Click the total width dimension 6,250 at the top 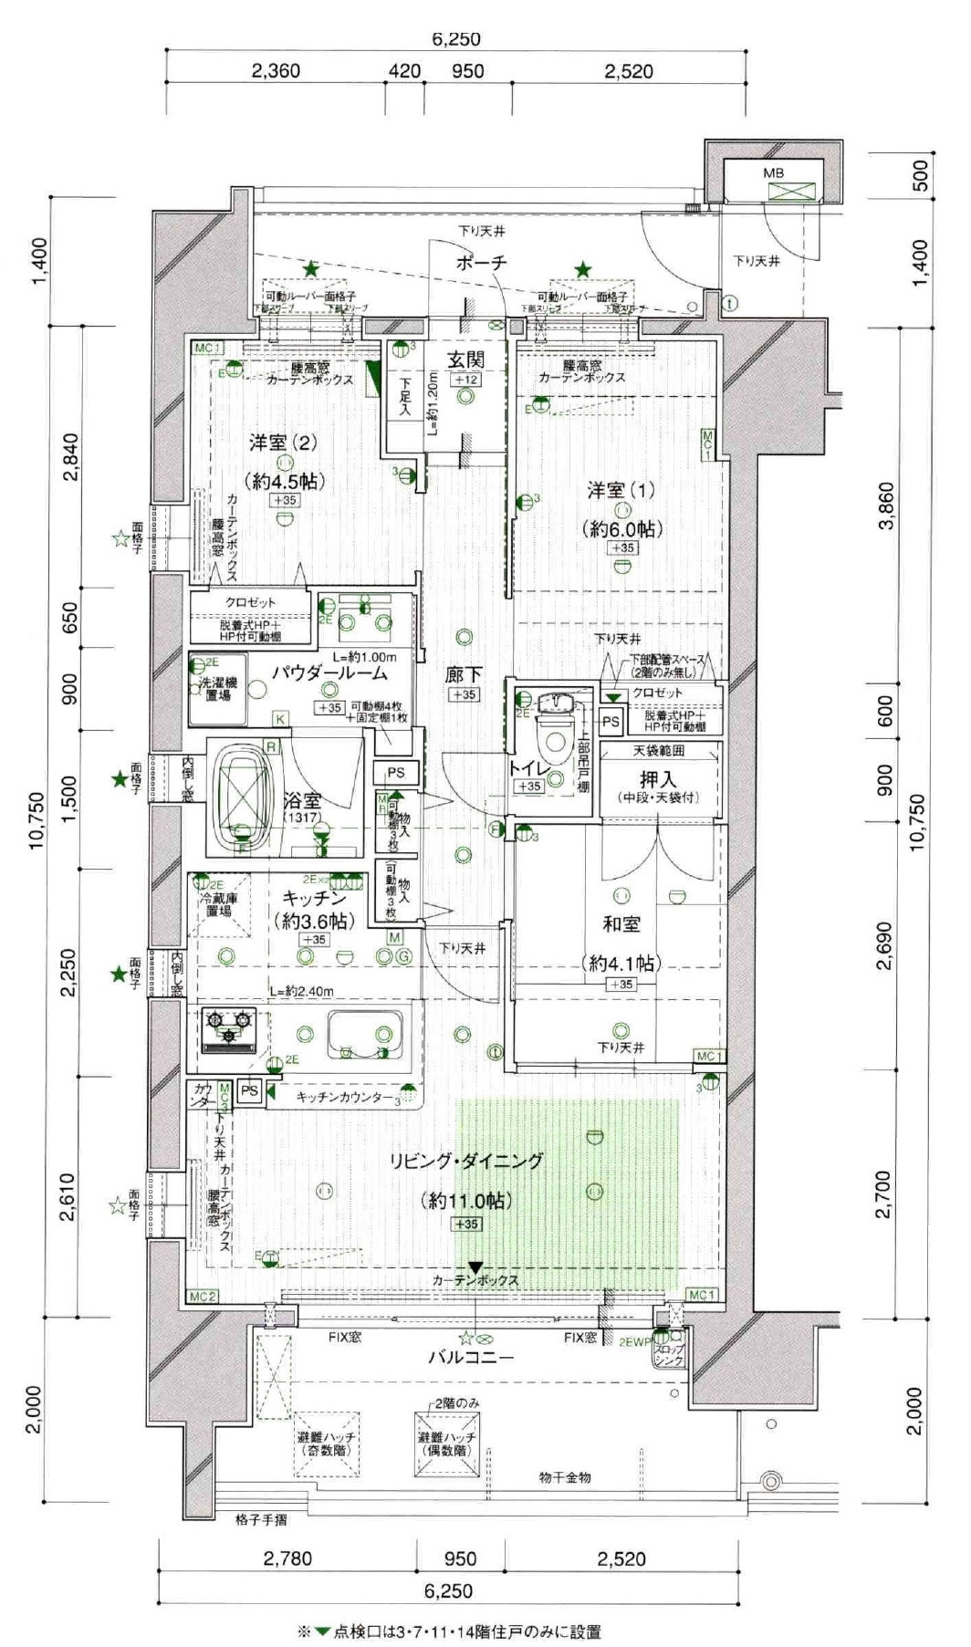(455, 39)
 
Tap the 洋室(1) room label (621, 490)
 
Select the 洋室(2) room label (283, 443)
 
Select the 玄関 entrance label (465, 359)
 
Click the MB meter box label (773, 172)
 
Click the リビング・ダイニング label (466, 1161)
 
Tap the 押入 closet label (657, 778)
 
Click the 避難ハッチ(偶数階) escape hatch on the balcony (446, 1443)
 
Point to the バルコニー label (471, 1357)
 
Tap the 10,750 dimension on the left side (36, 819)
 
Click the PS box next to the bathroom (395, 772)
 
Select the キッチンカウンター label (344, 1097)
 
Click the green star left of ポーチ (311, 269)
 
